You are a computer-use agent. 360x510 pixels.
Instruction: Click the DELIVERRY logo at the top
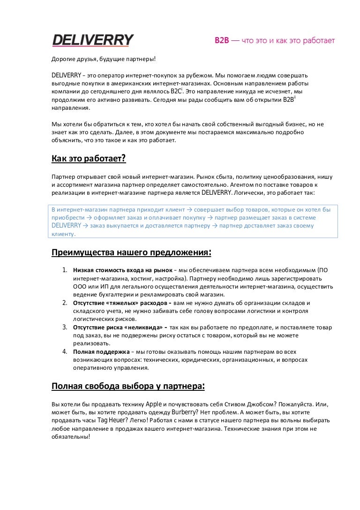pyautogui.click(x=92, y=40)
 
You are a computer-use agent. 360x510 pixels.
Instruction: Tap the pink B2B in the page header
pyautogui.click(x=221, y=41)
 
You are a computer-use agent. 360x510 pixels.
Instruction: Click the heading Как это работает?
pyautogui.click(x=89, y=159)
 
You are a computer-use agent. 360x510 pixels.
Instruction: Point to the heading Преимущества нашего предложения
pyautogui.click(x=131, y=253)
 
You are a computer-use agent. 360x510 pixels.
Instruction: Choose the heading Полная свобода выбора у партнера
pyautogui.click(x=128, y=386)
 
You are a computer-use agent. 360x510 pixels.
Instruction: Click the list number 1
pyautogui.click(x=65, y=270)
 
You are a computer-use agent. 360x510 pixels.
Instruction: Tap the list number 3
pyautogui.click(x=65, y=327)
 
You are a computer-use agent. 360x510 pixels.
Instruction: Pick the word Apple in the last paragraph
pyautogui.click(x=154, y=404)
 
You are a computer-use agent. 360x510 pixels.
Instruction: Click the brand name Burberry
pyautogui.click(x=184, y=412)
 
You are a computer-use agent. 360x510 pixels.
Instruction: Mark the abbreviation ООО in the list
pyautogui.click(x=81, y=286)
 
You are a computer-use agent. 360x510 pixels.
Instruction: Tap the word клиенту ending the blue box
pyautogui.click(x=62, y=234)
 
